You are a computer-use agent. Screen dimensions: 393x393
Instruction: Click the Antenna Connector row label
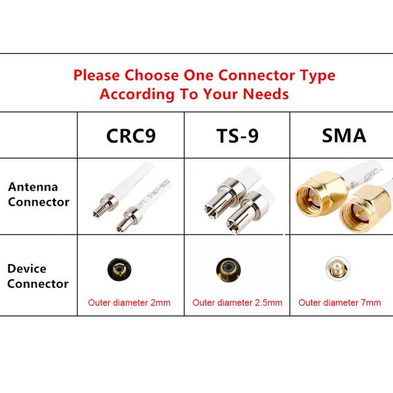point(38,195)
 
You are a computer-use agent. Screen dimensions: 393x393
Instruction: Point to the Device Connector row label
point(38,276)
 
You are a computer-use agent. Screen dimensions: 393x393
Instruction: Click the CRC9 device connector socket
point(118,269)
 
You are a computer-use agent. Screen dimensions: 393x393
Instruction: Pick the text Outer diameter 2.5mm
point(237,303)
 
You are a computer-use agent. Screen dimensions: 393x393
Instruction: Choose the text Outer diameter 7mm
point(339,303)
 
